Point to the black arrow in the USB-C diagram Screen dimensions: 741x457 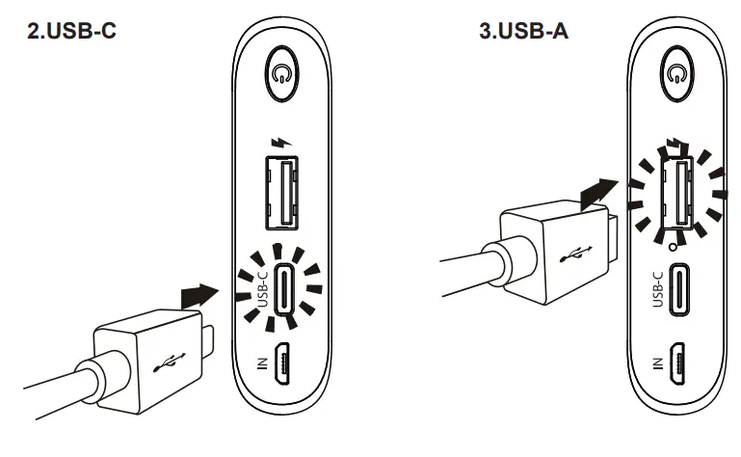pyautogui.click(x=198, y=292)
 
